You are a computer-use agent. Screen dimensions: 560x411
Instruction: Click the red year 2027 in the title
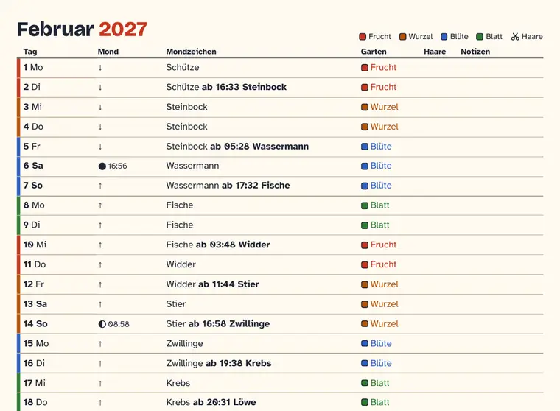[x=123, y=29]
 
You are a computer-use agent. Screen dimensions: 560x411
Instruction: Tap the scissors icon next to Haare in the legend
[x=514, y=36]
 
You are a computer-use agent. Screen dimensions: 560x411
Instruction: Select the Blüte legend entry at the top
[x=455, y=36]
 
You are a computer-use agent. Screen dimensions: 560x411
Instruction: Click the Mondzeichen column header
[x=191, y=52]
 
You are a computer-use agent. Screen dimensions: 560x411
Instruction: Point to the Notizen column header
[x=475, y=52]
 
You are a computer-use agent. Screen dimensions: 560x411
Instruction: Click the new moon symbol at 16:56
[x=102, y=166]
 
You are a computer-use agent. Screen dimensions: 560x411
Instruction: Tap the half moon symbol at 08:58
[x=102, y=324]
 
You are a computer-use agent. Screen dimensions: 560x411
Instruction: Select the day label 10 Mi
[x=35, y=245]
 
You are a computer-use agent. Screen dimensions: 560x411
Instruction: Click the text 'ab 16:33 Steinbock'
[x=244, y=87]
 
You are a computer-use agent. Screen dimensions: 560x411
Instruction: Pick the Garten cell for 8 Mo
[x=375, y=205]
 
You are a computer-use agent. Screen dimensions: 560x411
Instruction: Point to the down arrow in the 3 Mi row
[x=100, y=107]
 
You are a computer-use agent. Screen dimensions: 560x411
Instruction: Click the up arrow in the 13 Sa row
[x=100, y=304]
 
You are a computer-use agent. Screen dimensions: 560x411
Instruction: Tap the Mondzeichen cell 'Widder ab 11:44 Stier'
[x=212, y=284]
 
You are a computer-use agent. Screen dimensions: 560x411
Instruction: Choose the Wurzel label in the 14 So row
[x=385, y=324]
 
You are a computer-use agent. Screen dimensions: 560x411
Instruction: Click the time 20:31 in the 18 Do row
[x=217, y=402]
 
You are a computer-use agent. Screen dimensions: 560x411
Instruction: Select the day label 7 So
[x=33, y=186]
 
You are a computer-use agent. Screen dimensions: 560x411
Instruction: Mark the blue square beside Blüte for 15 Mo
[x=365, y=343]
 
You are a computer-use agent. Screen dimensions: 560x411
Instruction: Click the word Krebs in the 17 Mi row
[x=178, y=383]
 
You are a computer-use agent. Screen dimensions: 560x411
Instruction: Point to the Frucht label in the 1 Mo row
[x=384, y=67]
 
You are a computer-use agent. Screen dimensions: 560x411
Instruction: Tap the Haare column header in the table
[x=435, y=52]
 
